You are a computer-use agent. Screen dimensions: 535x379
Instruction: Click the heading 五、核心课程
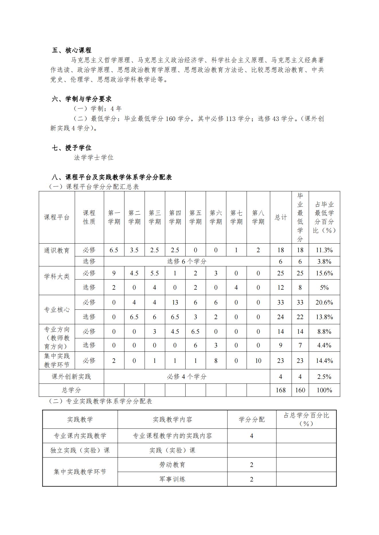click(x=72, y=50)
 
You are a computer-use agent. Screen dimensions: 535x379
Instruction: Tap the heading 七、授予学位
click(x=72, y=148)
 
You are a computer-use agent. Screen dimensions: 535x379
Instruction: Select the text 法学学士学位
click(x=94, y=158)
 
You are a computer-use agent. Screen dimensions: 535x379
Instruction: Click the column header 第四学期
click(x=175, y=217)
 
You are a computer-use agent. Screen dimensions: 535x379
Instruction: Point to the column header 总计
click(x=281, y=217)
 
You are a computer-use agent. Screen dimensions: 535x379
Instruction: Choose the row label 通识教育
click(x=57, y=251)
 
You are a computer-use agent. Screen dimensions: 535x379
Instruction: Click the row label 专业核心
click(x=57, y=310)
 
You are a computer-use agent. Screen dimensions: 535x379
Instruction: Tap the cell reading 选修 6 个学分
click(x=187, y=261)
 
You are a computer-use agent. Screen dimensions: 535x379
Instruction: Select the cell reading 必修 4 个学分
click(x=187, y=377)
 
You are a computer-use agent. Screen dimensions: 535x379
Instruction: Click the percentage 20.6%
click(x=324, y=303)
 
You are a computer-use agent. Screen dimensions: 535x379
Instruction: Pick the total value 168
click(x=281, y=390)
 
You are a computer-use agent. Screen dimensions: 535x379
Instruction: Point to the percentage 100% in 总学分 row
click(x=324, y=390)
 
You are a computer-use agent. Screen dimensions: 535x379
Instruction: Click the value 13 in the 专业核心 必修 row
click(x=175, y=303)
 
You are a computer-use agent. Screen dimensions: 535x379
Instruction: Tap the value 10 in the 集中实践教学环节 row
click(x=258, y=361)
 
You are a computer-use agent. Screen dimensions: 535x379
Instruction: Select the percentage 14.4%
click(x=324, y=361)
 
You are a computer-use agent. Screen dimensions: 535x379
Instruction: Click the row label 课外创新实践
click(x=71, y=377)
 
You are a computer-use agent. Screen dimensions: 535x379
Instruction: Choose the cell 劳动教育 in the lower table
click(x=172, y=465)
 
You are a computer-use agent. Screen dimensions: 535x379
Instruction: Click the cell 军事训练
click(x=172, y=479)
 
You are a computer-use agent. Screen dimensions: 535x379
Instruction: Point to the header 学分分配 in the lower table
click(x=252, y=420)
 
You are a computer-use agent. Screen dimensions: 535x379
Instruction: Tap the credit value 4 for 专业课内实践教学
click(x=252, y=436)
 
